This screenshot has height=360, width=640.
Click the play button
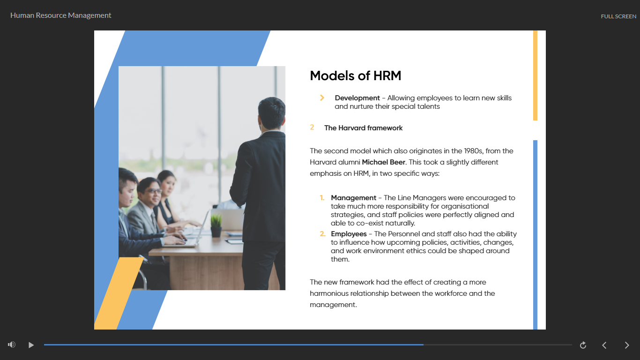point(31,345)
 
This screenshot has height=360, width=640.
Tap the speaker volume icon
point(12,345)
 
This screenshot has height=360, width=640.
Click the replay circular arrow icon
point(583,345)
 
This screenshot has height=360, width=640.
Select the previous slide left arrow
point(604,345)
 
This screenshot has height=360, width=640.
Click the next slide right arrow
point(627,345)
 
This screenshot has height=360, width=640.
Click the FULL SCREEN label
point(618,16)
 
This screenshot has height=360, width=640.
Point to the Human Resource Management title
point(60,15)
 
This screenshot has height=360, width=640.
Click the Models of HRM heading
point(356,76)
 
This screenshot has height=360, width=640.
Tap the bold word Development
point(357,98)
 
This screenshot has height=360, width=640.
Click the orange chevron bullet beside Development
point(322,98)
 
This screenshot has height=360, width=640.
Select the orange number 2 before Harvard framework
point(312,127)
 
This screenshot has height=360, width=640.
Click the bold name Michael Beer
point(383,162)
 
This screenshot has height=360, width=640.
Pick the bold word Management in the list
point(353,198)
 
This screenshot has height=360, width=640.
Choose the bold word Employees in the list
point(349,234)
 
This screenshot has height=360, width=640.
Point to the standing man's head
point(271,113)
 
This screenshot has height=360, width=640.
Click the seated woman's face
point(169,185)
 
